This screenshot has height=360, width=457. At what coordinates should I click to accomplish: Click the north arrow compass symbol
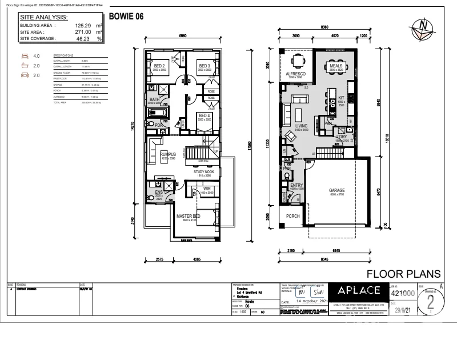[423, 27]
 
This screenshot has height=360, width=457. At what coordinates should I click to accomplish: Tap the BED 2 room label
[159, 66]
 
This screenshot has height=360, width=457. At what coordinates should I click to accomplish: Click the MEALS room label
[335, 66]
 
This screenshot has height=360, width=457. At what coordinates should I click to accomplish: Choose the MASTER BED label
[188, 217]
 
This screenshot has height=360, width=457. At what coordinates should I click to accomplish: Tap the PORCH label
[293, 216]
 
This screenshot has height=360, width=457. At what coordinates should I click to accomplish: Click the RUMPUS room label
[168, 154]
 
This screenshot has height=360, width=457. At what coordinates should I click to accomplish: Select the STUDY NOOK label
[203, 171]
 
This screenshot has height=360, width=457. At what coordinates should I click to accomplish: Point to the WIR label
[207, 189]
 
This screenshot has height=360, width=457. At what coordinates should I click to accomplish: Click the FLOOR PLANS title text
[403, 274]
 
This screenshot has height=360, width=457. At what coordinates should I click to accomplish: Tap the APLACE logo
[358, 290]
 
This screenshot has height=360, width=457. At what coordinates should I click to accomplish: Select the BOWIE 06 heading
[126, 17]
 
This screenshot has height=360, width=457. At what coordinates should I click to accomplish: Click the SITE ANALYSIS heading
[44, 17]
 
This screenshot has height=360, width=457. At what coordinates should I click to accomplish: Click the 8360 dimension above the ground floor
[324, 27]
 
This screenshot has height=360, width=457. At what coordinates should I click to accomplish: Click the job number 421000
[402, 292]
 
